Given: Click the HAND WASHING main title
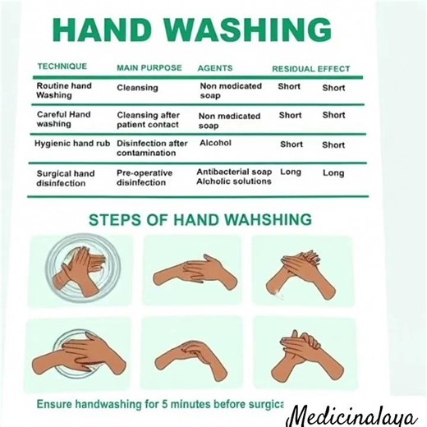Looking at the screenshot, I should (192, 30).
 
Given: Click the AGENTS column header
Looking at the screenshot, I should (215, 67).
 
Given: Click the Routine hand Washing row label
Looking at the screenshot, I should (63, 90).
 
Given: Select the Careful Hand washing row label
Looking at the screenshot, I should (63, 119).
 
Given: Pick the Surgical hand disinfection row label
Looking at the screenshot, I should (65, 178).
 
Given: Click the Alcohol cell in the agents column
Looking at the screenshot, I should (216, 143).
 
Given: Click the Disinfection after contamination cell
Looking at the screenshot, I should (152, 148).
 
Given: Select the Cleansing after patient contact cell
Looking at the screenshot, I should (152, 120).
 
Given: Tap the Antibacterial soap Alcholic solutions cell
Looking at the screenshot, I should (234, 177).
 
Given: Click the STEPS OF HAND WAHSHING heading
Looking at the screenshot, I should (200, 220).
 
